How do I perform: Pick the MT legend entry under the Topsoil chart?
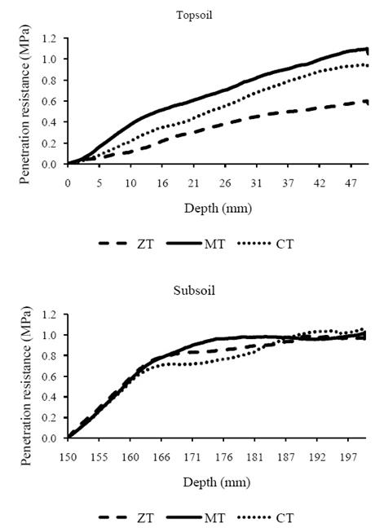click(x=206, y=243)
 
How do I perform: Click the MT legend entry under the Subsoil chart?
click(x=206, y=517)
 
